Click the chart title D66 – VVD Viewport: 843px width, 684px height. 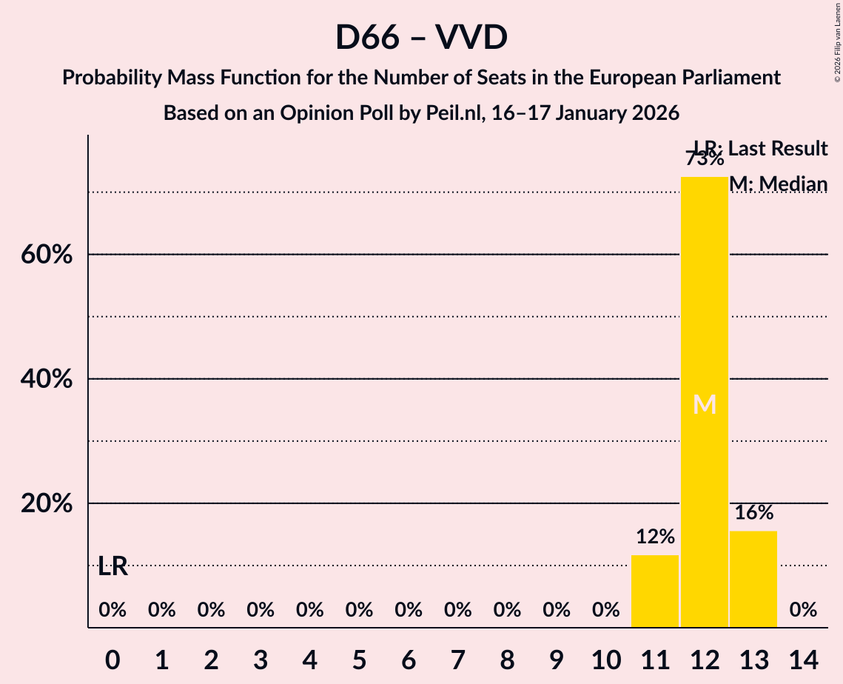pyautogui.click(x=421, y=37)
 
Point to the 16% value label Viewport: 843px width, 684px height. pyautogui.click(x=754, y=512)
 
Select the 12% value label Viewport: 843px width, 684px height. pyautogui.click(x=655, y=536)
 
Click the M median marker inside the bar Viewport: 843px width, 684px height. pyautogui.click(x=705, y=405)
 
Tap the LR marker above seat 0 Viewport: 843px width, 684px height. pyautogui.click(x=112, y=567)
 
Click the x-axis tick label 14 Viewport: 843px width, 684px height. pyautogui.click(x=803, y=659)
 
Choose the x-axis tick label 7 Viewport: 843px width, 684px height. pyautogui.click(x=458, y=659)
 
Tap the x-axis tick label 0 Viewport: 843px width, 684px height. pyautogui.click(x=112, y=659)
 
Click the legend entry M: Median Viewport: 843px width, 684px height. pyautogui.click(x=778, y=184)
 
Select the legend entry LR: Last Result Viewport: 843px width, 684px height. pyautogui.click(x=760, y=149)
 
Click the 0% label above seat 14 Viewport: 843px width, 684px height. pyautogui.click(x=803, y=610)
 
